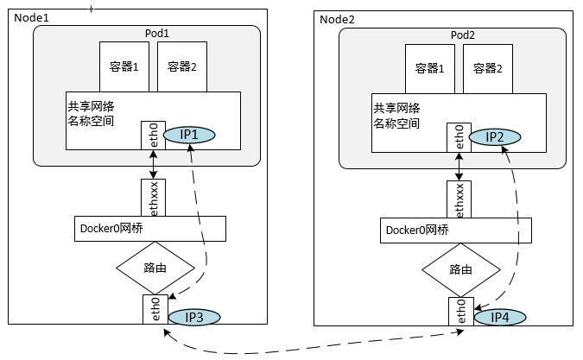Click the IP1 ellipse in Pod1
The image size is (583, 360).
point(189,135)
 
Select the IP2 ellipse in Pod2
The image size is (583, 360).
point(495,136)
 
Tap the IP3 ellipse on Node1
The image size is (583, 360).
point(194,317)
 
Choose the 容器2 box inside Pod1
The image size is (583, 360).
point(181,66)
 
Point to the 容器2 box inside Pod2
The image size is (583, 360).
point(487,68)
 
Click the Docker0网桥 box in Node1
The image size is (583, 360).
point(149,229)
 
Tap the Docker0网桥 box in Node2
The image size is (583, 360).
point(455,230)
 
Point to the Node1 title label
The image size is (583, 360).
point(31,17)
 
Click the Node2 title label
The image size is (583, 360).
point(337,19)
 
